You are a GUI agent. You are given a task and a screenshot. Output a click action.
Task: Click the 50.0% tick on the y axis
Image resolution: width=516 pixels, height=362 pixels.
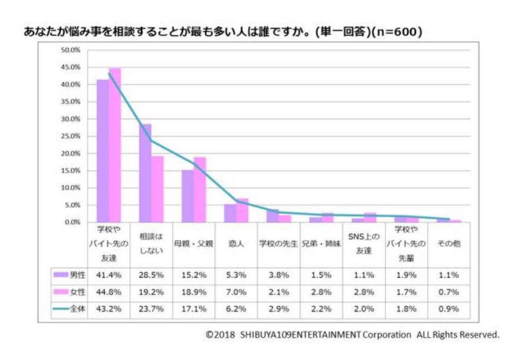point(70,50)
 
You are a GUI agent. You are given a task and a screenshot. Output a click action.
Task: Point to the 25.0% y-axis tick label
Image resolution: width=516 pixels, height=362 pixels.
point(70,136)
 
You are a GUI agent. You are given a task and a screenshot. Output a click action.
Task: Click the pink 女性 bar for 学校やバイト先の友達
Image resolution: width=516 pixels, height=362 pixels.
point(115,145)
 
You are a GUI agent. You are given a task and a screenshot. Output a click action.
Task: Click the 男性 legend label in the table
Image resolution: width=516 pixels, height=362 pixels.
point(78,275)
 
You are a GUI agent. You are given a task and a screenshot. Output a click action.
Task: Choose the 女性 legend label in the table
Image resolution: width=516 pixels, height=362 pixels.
point(78,292)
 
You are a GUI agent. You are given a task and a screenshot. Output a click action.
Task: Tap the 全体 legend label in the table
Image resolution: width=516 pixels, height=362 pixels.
point(78,309)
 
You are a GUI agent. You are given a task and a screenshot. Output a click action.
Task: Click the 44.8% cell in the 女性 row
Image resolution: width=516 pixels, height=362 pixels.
point(109,292)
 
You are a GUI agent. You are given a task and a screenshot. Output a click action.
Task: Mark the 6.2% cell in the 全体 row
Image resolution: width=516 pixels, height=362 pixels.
point(237,309)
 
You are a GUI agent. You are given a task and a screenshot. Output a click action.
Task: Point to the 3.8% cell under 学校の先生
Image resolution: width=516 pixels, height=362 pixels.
point(279,275)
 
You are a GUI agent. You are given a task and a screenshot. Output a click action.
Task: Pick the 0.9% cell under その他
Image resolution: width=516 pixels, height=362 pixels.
point(449,309)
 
